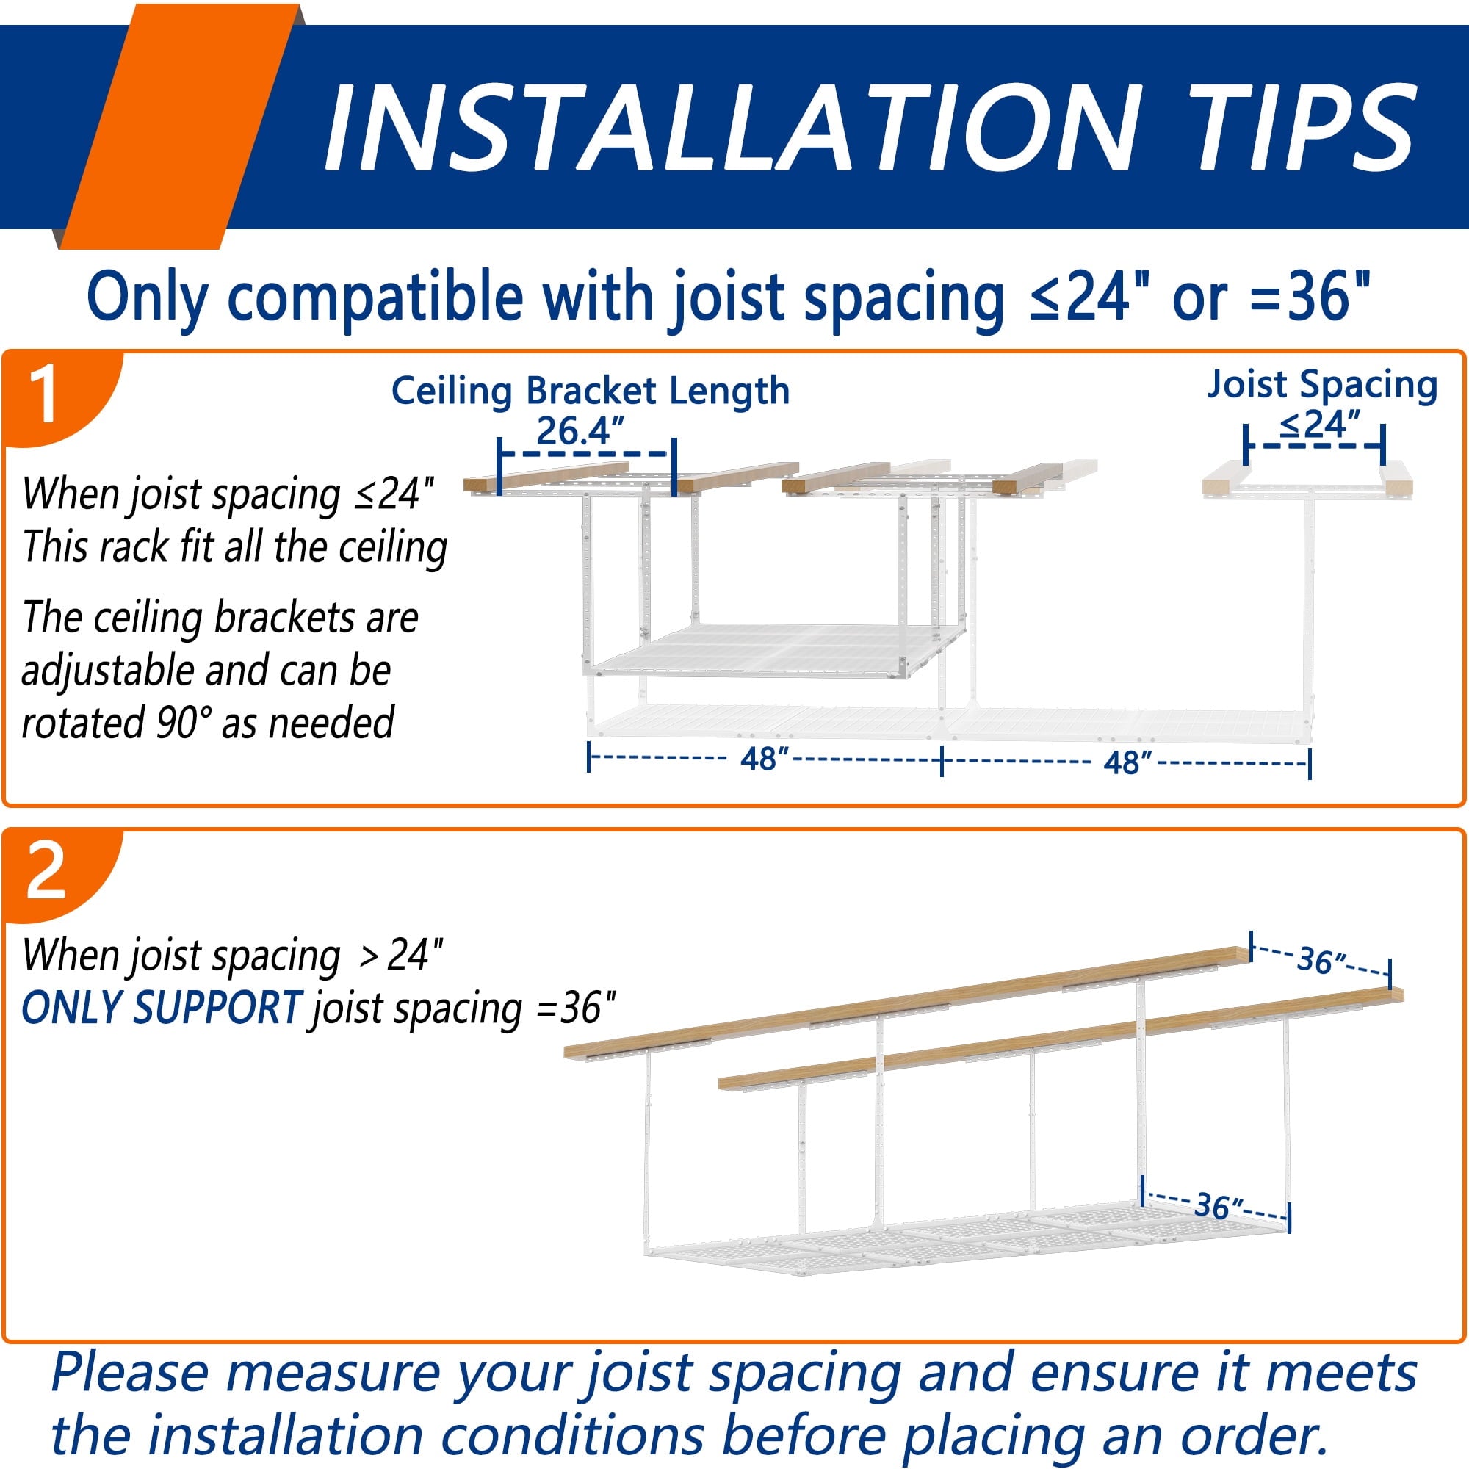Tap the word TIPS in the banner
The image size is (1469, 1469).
point(1303,127)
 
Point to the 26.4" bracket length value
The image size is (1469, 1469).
point(580,431)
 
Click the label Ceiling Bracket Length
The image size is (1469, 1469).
point(591,391)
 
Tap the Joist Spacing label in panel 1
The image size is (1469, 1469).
point(1323,385)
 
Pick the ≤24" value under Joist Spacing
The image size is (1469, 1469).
point(1320,425)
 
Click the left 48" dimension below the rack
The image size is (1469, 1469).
point(765,759)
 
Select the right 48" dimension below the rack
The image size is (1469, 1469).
point(1127,762)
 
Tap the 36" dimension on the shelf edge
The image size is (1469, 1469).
point(1219,1206)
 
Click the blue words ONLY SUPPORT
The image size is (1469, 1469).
point(162,1008)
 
